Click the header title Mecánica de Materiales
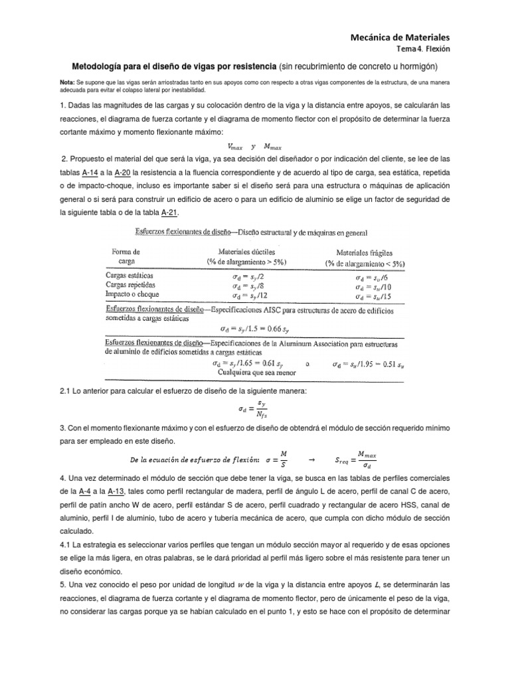click(x=400, y=37)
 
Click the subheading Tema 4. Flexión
click(x=424, y=49)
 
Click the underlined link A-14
click(x=90, y=173)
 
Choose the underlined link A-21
click(x=170, y=212)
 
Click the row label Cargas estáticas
click(x=129, y=275)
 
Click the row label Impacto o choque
click(x=133, y=294)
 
